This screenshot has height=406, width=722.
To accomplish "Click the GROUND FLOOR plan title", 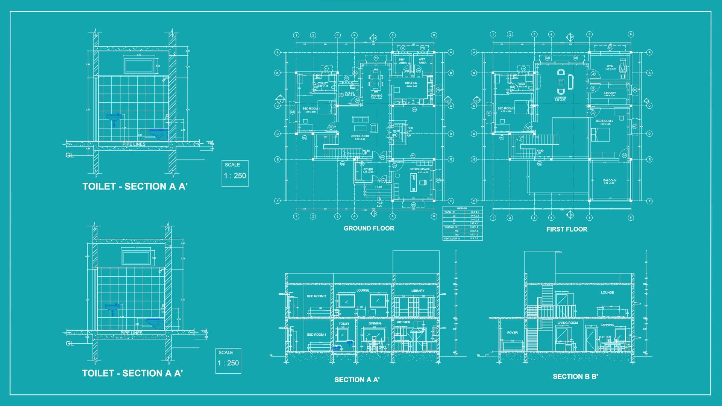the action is [369, 228].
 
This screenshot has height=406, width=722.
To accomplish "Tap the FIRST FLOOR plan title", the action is [567, 229].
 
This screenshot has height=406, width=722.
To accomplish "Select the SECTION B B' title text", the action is [575, 376].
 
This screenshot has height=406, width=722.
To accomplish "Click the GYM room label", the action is [610, 67].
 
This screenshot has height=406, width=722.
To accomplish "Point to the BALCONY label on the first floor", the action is [610, 181].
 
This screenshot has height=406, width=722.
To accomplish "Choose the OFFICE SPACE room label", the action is [420, 170].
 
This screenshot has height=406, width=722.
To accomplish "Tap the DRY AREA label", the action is [402, 61].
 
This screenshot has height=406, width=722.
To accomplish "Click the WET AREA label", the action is [422, 61].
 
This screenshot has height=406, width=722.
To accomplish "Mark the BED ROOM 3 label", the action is [604, 121].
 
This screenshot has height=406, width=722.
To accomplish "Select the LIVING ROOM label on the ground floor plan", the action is [360, 136].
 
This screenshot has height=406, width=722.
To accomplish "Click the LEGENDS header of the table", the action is [462, 208].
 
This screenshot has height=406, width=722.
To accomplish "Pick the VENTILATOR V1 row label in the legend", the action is [452, 239].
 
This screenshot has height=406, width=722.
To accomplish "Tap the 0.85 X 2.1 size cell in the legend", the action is [474, 223].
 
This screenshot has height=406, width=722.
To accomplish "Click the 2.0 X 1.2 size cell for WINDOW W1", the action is [474, 227].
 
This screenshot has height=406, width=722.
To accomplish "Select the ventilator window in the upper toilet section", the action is [139, 65].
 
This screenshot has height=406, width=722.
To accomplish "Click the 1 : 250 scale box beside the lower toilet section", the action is [228, 361].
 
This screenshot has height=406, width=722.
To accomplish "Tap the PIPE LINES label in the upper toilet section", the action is [134, 144].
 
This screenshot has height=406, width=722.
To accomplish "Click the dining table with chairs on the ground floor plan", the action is [376, 80].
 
